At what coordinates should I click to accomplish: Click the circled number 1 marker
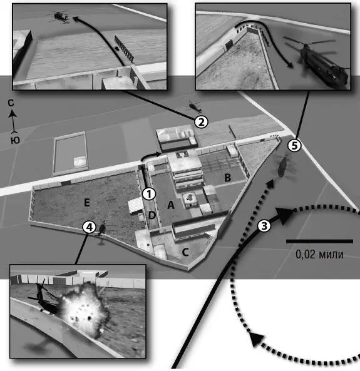[149, 194]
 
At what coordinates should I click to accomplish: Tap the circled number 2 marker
[201, 122]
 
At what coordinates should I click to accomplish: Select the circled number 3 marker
[264, 225]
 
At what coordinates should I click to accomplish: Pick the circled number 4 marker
[89, 227]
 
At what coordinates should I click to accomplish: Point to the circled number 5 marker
[294, 145]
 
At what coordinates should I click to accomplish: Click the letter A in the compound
[171, 205]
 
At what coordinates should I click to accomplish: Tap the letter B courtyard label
[228, 178]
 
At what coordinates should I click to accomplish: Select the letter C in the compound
[185, 252]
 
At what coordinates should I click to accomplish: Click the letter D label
[152, 215]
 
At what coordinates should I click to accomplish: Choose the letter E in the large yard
[87, 202]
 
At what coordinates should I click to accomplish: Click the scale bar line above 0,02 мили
[319, 241]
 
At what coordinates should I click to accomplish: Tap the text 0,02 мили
[319, 255]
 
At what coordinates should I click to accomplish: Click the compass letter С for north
[11, 103]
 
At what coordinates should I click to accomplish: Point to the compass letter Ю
[15, 140]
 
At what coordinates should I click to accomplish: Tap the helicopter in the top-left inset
[59, 16]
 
